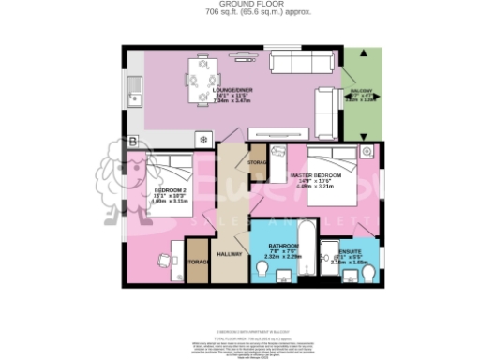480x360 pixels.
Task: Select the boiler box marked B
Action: [133, 141]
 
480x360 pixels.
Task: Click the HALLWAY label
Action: [231, 253]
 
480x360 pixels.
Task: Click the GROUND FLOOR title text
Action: [239, 4]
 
